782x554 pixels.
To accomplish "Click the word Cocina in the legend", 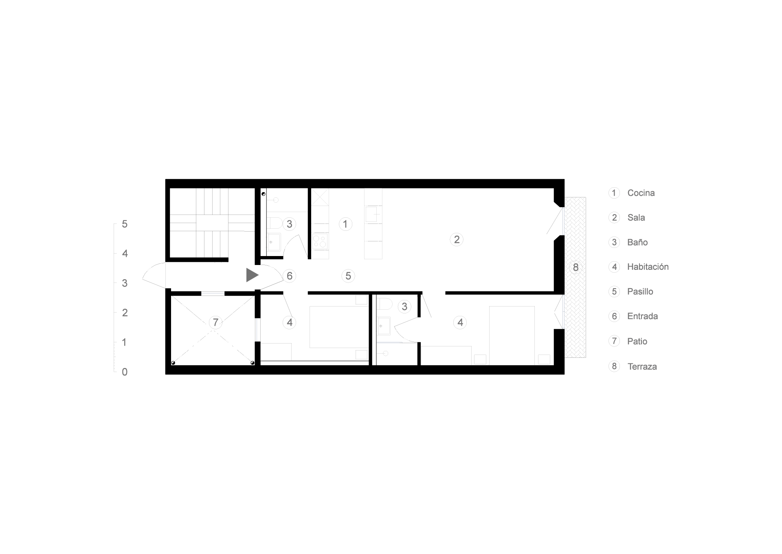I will [x=641, y=193].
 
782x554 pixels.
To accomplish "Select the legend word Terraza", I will [x=642, y=366].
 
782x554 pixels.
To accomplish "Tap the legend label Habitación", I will [x=648, y=267].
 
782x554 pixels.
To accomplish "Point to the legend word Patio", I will [x=637, y=341].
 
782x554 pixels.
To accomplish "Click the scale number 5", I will [x=125, y=224].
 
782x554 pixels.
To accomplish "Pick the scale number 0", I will [x=125, y=372].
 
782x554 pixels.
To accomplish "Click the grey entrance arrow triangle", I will [x=252, y=275].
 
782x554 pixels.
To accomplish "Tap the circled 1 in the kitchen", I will [x=345, y=224].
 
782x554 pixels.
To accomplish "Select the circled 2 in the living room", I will [x=457, y=239].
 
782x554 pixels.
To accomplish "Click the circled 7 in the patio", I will [x=215, y=322].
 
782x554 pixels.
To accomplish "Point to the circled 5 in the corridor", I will [x=348, y=276].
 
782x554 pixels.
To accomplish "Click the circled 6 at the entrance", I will [x=290, y=276].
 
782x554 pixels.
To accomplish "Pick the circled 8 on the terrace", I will [x=576, y=267].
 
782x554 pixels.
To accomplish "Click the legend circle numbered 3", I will [x=614, y=242].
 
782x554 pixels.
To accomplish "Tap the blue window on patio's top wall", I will [x=213, y=293].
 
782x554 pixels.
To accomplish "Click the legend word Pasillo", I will [x=640, y=291].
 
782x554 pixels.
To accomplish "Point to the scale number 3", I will [x=125, y=283].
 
